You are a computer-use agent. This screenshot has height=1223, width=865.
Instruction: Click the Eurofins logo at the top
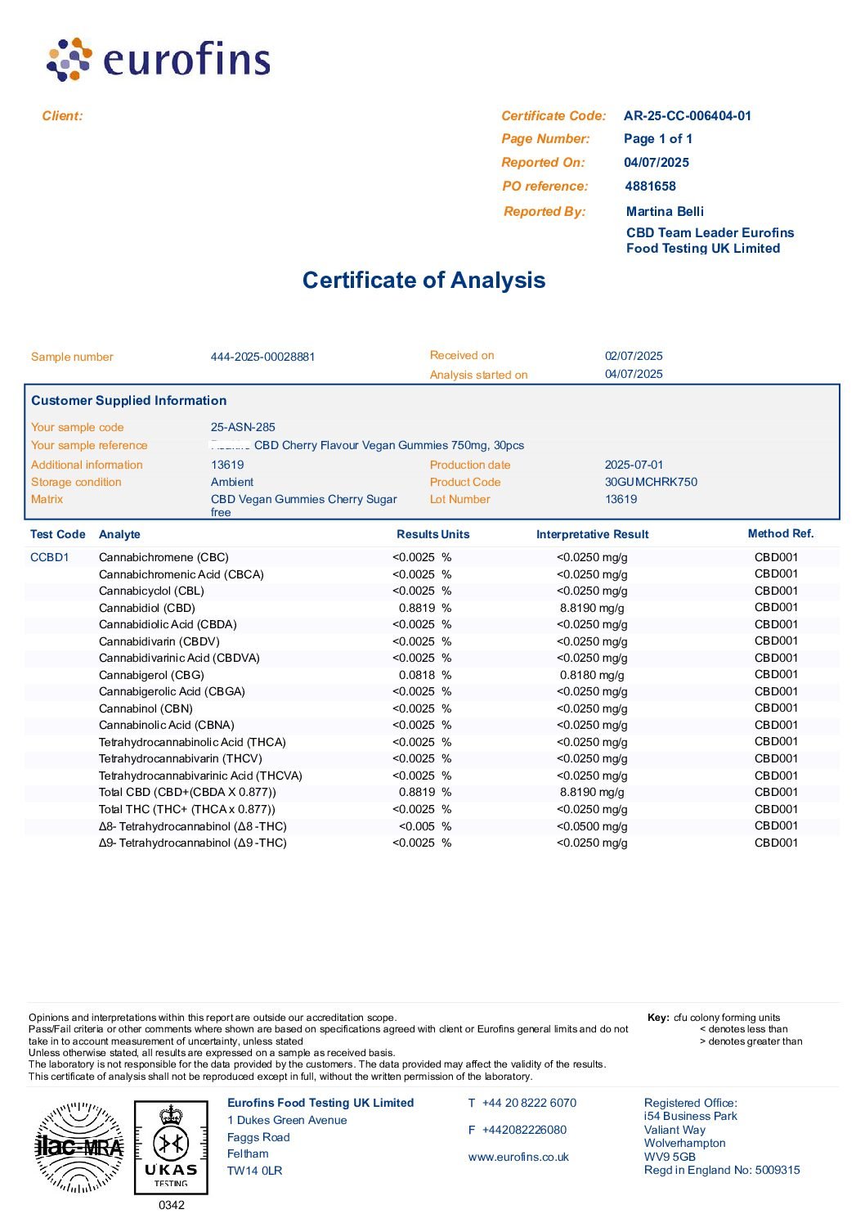(x=159, y=59)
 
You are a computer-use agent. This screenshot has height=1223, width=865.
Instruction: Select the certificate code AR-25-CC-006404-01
(x=687, y=116)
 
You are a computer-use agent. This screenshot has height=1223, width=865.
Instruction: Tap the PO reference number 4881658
(x=650, y=187)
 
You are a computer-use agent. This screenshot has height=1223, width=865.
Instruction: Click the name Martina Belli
(x=665, y=212)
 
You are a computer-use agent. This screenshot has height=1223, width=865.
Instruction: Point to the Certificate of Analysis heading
(x=424, y=281)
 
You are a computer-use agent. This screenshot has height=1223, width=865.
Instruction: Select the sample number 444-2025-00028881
(x=262, y=357)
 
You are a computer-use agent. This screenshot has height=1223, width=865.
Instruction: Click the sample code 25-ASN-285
(x=243, y=427)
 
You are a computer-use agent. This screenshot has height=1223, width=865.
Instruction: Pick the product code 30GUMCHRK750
(x=651, y=482)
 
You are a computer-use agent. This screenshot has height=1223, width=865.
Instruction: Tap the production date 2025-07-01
(x=634, y=465)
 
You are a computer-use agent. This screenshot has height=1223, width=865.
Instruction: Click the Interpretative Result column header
(x=592, y=534)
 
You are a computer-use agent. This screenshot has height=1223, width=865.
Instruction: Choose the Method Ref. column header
(x=780, y=533)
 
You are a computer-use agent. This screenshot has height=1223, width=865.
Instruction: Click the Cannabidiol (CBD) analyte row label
(x=147, y=608)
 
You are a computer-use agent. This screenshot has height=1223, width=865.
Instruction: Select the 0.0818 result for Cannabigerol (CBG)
(x=417, y=675)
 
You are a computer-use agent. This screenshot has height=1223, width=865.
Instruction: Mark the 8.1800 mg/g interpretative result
(x=592, y=675)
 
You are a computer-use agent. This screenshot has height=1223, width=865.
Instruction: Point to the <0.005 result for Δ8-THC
(x=417, y=826)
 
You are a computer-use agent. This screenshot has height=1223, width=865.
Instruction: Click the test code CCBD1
(x=50, y=557)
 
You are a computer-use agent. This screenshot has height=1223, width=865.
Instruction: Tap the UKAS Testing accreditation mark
(x=171, y=1147)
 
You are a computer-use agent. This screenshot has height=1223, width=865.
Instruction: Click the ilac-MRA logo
(x=78, y=1147)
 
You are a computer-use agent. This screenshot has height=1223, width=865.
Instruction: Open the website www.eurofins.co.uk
(x=518, y=1157)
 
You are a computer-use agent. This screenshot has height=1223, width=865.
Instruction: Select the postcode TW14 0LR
(x=254, y=1171)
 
